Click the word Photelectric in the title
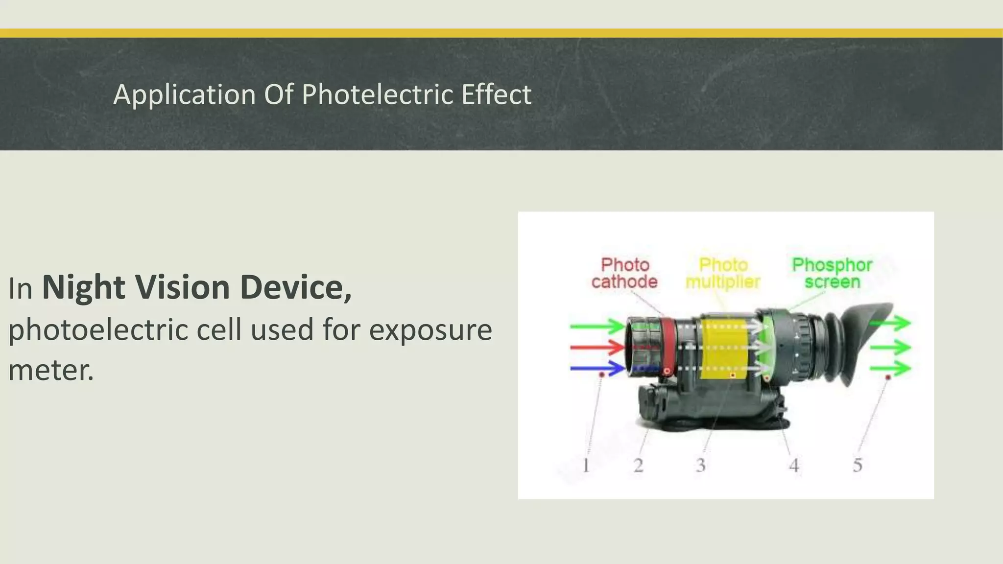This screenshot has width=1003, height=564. coord(378,94)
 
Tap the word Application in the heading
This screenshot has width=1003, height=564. coord(184,94)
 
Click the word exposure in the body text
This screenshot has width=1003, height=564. coord(430,330)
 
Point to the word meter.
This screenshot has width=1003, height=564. coord(50,370)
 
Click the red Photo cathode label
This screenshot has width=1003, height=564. coord(624,273)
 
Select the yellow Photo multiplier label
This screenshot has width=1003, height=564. coord(722,273)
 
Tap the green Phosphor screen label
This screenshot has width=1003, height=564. coord(832,273)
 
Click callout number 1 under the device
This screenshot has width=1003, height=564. coord(586,465)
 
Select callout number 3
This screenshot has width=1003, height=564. coord(701,465)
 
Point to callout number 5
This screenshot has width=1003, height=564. coord(857,465)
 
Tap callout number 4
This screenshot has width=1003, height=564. coord(794,465)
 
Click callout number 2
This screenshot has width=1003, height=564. coord(638,465)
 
